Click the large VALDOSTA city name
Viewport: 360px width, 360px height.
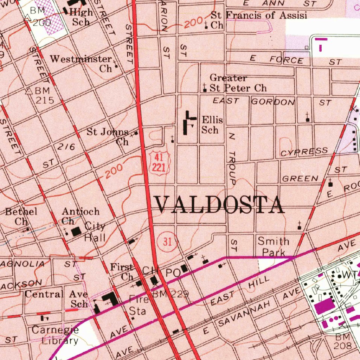click(220, 205)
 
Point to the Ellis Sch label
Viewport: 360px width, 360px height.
click(212, 125)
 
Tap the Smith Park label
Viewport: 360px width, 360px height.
click(274, 247)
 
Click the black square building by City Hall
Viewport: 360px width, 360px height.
click(76, 232)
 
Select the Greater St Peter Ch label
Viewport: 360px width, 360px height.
click(238, 83)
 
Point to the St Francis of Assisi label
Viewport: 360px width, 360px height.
click(259, 20)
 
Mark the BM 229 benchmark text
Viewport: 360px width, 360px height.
click(171, 294)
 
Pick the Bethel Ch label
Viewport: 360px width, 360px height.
click(21, 216)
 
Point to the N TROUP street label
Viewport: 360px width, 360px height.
click(231, 158)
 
